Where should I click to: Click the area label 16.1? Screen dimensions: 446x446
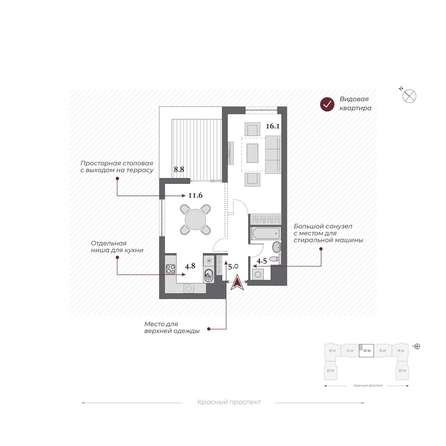[x=272, y=127]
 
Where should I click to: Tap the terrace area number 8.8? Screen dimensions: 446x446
[x=179, y=170]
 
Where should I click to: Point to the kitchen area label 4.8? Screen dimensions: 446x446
[x=190, y=267]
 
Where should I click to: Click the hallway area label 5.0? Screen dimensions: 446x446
[x=232, y=267]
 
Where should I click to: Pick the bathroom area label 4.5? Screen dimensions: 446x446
[x=262, y=261]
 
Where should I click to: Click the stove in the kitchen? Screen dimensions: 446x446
[x=171, y=268]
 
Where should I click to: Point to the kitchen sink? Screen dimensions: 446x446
[x=207, y=271]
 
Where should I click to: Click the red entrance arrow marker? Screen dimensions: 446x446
[x=236, y=283]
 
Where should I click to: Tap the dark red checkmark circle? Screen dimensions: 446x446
[x=326, y=103]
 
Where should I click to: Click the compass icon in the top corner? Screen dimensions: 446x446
[x=409, y=95]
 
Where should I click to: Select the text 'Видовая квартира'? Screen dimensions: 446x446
[x=356, y=103]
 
